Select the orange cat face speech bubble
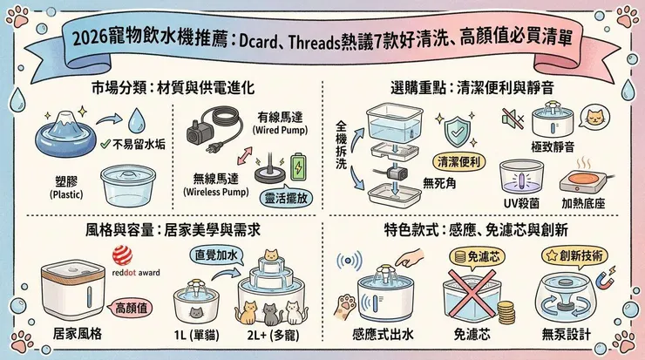[x=593, y=116]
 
